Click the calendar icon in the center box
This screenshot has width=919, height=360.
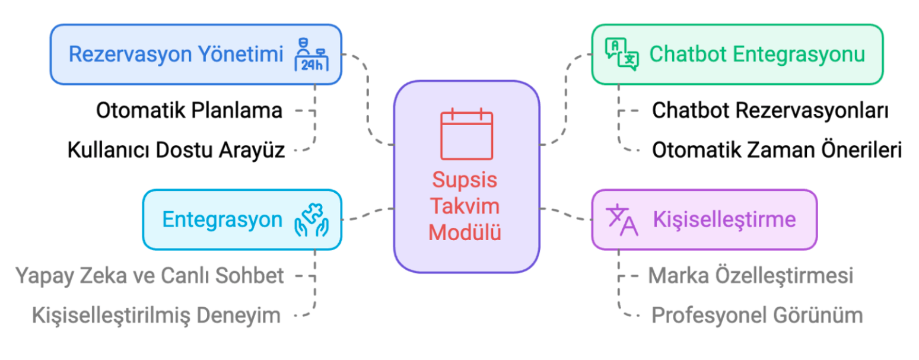[x=466, y=134]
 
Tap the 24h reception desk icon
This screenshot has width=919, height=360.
[x=311, y=55]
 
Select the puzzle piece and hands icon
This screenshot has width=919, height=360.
[x=311, y=220]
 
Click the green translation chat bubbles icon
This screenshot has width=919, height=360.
[x=622, y=54]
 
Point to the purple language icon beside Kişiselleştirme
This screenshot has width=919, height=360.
[x=622, y=220]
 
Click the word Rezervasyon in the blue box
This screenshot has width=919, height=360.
[x=130, y=55]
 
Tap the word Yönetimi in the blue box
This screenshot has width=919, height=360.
[x=241, y=54]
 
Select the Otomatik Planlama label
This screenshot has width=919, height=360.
[x=189, y=110]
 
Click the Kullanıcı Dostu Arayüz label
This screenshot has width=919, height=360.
[x=176, y=150]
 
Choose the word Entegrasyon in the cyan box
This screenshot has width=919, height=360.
[x=222, y=220]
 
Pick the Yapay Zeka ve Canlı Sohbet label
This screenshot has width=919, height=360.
[x=150, y=276]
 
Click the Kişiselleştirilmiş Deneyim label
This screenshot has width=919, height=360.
[x=156, y=316]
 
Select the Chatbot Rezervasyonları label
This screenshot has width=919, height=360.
[x=771, y=110]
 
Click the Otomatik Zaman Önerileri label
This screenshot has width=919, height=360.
[x=777, y=150]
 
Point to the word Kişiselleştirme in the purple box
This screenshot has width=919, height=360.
[x=724, y=220]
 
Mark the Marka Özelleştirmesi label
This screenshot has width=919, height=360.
[x=751, y=276]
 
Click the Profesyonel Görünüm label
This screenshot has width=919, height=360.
[x=758, y=316]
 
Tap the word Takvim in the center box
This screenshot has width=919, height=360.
[x=465, y=206]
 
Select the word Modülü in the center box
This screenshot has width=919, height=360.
[x=465, y=232]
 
